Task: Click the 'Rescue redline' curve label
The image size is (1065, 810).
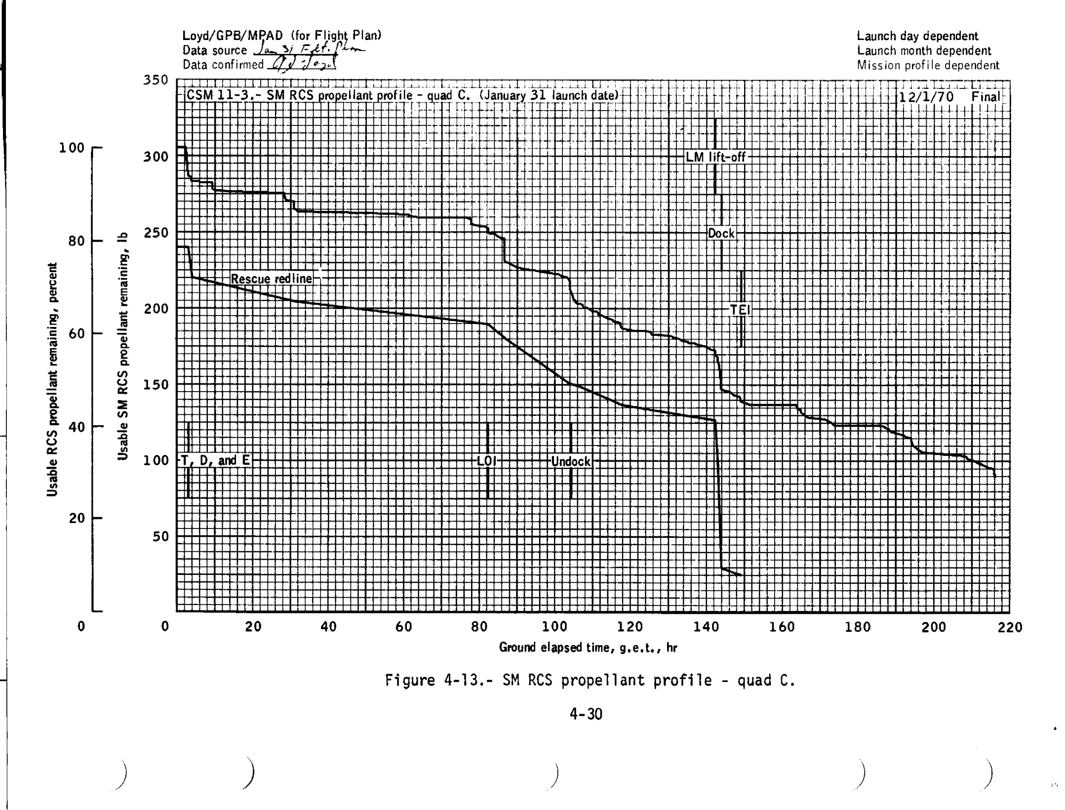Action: (x=271, y=279)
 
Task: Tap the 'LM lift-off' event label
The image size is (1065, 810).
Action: (x=715, y=158)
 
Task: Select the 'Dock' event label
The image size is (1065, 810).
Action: (x=721, y=234)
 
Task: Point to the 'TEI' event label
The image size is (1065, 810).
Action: (x=740, y=310)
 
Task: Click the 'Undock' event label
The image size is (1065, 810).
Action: (x=570, y=462)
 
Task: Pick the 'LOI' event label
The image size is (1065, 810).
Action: (x=486, y=461)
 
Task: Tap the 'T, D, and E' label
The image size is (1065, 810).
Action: (x=215, y=461)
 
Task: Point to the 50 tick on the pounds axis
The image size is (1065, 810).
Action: (x=160, y=536)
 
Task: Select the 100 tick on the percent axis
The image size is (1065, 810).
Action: (x=72, y=148)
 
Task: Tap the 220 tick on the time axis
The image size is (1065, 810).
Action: (x=1010, y=627)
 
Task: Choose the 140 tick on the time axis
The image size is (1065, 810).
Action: (x=706, y=627)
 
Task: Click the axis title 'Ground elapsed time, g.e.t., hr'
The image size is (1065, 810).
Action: (x=588, y=648)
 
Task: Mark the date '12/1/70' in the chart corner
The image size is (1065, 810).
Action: (x=926, y=97)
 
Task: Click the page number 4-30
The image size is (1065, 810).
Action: (x=586, y=714)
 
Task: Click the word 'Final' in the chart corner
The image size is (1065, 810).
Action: (x=986, y=97)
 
